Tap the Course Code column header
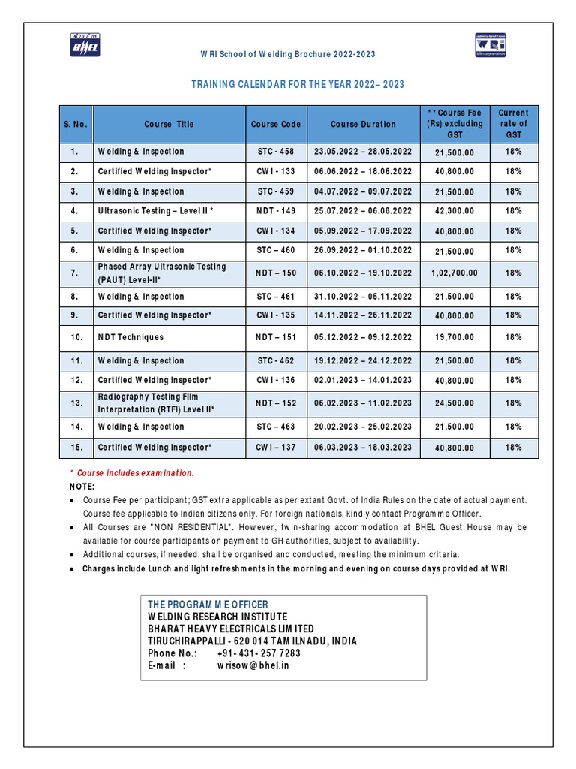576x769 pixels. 275,124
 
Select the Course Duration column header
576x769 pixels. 363,124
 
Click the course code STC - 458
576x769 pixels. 275,152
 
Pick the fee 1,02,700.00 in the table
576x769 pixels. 454,273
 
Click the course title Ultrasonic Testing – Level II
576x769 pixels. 156,211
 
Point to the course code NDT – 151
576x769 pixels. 275,338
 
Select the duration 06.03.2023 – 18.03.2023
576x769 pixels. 363,448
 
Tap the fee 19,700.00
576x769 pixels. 454,339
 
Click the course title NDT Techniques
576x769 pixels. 130,338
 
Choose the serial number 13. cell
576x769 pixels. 76,403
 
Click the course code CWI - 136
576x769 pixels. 275,381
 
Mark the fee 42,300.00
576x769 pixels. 454,212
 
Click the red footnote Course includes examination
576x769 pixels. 136,473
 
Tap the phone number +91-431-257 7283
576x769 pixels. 259,653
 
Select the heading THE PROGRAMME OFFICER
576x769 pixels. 208,605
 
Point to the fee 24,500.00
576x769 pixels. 454,403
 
